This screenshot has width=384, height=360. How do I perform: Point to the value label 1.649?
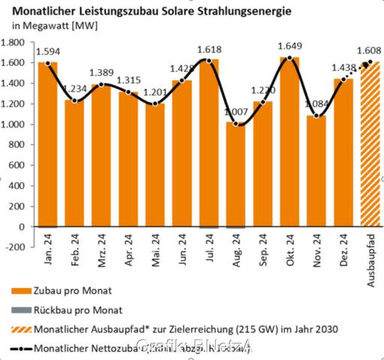pos(289,48)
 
